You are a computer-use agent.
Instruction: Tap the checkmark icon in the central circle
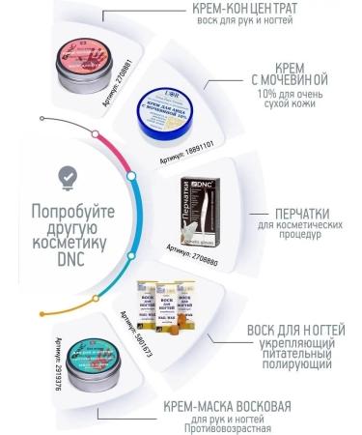coord(67,176)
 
